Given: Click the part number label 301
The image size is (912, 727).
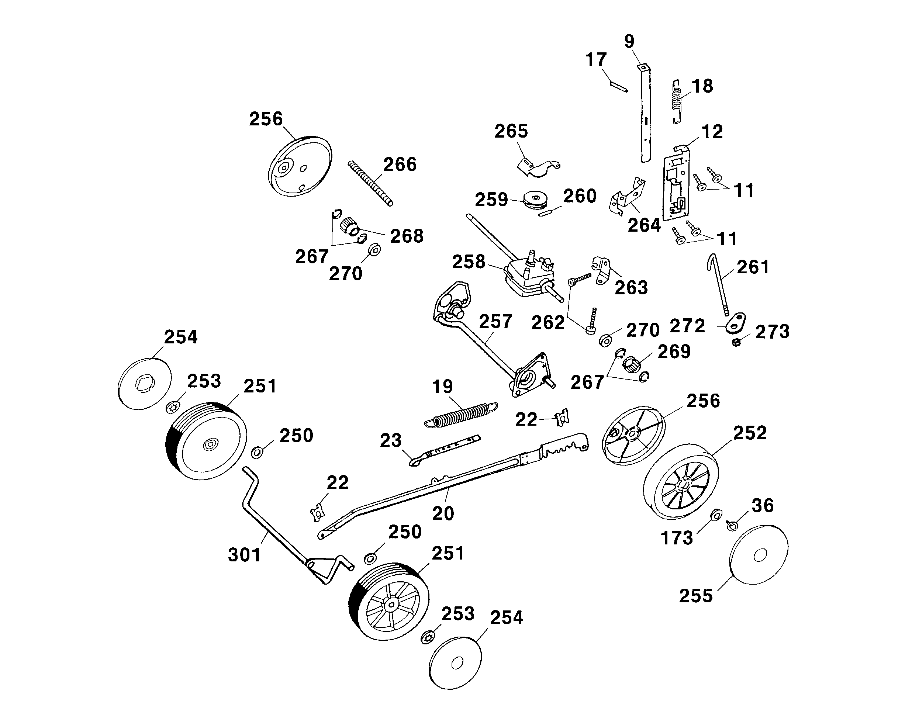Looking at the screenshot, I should tap(245, 555).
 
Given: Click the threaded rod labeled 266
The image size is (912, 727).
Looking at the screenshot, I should tap(370, 183).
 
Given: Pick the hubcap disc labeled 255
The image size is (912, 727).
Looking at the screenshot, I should tap(759, 554).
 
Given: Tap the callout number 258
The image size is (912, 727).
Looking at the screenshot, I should tap(468, 262).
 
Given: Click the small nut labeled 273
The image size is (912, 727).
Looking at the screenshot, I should tap(736, 342).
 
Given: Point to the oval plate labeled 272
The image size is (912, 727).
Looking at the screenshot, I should tap(736, 323).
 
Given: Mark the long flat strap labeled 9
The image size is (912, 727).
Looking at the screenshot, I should tap(645, 114).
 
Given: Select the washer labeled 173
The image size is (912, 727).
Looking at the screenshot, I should tap(716, 515).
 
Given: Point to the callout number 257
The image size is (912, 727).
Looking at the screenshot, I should tap(495, 321).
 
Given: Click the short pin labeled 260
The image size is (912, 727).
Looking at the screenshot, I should tap(548, 212).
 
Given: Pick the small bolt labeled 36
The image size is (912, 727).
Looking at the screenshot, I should tap(731, 526).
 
